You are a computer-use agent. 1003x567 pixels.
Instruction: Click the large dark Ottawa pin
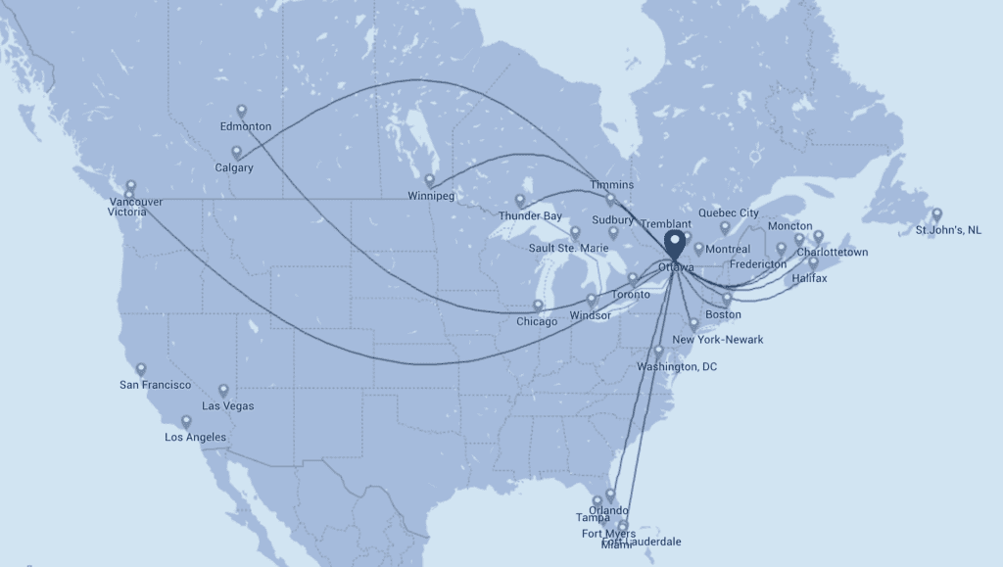(x=676, y=242)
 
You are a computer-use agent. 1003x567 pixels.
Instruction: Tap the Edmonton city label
(x=246, y=127)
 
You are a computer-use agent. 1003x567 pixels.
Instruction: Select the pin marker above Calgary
(x=236, y=153)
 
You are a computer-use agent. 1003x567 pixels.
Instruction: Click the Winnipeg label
(x=431, y=196)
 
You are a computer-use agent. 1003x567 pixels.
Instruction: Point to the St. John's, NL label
(x=947, y=230)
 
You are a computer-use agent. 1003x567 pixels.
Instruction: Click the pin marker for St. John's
(x=936, y=214)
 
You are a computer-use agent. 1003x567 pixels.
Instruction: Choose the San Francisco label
(x=156, y=385)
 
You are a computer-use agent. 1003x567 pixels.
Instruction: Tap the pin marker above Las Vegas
(x=223, y=390)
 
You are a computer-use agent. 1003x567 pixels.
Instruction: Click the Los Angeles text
(x=195, y=437)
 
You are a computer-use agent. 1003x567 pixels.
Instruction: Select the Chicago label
(x=537, y=321)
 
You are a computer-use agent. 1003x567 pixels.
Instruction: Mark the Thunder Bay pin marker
(x=520, y=200)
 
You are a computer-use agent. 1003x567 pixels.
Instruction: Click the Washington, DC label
(x=677, y=367)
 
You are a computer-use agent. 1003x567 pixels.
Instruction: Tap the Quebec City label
(x=729, y=213)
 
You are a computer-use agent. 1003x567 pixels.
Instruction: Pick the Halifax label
(x=810, y=279)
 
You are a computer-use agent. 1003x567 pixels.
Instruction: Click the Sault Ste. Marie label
(x=568, y=249)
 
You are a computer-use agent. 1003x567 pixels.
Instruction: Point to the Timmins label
(x=612, y=185)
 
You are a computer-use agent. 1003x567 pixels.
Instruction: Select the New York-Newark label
(x=717, y=340)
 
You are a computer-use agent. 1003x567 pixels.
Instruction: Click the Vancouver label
(x=135, y=202)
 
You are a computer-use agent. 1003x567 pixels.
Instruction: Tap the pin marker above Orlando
(x=610, y=496)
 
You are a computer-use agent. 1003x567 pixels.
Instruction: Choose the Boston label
(x=723, y=314)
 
